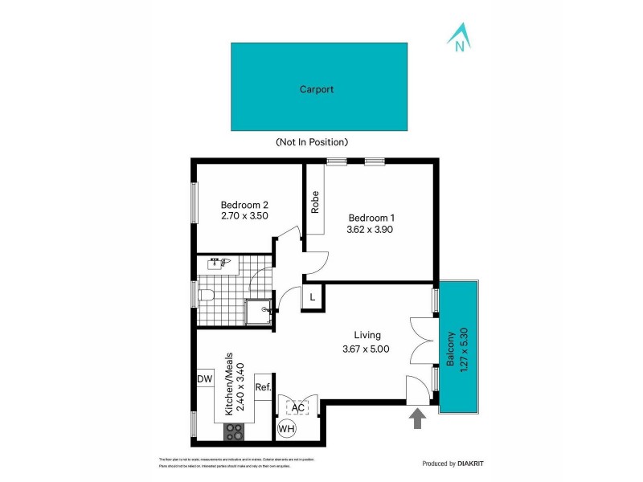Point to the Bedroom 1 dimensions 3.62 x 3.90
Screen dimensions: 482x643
point(371,229)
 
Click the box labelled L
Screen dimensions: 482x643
point(312,297)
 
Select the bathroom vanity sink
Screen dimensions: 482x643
point(219,262)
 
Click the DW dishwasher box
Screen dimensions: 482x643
point(204,379)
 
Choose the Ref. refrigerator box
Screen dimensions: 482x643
point(263,387)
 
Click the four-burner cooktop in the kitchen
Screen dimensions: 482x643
point(233,431)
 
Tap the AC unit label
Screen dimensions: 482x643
point(298,407)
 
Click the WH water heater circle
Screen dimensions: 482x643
point(287,430)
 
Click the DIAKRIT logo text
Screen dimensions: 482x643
point(469,464)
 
